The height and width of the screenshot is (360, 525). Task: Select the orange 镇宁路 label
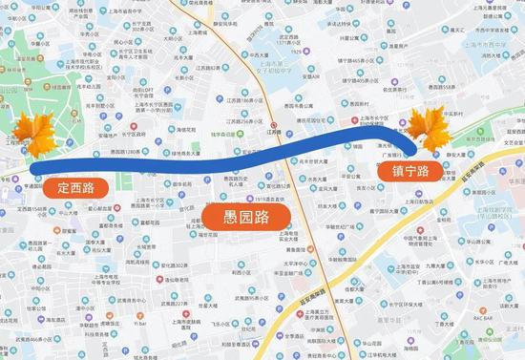(409, 172)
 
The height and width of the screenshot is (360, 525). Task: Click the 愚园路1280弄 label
(126, 153)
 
